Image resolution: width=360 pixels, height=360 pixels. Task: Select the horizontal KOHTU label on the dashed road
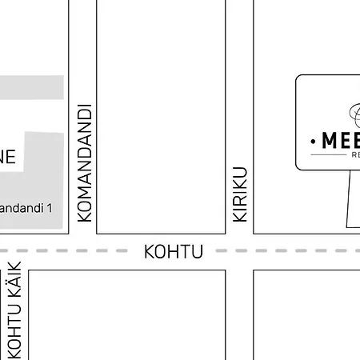(x=174, y=252)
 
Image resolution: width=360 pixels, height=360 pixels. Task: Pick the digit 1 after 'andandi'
(x=50, y=208)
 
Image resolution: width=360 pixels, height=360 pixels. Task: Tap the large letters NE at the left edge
(x=6, y=156)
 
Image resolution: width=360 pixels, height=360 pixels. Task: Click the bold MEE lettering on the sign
(x=340, y=141)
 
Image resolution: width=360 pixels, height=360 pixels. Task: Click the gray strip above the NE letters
(x=32, y=88)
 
